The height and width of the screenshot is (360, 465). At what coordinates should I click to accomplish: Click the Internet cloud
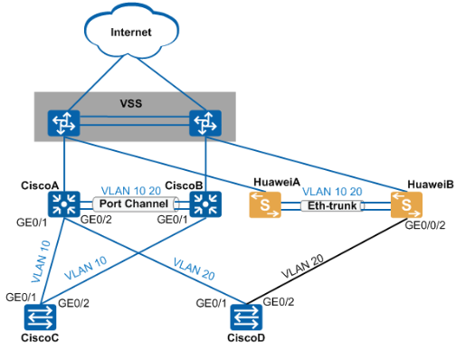(x=131, y=32)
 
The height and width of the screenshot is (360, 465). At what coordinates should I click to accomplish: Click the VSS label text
(x=131, y=104)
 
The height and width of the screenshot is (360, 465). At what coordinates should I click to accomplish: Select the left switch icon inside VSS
(x=63, y=123)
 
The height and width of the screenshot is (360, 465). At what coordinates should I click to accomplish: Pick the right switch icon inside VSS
(x=205, y=123)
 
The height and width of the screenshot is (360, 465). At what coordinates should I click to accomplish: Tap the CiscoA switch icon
(x=63, y=204)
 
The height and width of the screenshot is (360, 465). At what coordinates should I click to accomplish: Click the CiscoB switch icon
(x=205, y=204)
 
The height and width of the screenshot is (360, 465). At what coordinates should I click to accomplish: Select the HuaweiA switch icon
(x=265, y=205)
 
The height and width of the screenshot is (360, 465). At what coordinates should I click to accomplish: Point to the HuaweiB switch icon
(x=406, y=205)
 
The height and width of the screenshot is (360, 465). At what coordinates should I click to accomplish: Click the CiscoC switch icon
(x=40, y=317)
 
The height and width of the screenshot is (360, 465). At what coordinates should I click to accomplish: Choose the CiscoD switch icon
(x=246, y=317)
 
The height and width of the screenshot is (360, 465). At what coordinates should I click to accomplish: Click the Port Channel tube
(x=135, y=204)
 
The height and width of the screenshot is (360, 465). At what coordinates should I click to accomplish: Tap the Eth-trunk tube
(x=332, y=206)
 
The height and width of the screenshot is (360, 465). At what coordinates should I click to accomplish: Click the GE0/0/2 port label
(x=425, y=225)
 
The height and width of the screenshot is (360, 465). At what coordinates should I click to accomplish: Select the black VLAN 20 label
(x=302, y=266)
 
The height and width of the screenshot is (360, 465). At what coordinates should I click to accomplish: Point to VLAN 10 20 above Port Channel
(x=131, y=191)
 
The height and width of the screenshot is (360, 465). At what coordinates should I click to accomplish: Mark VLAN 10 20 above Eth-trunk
(x=332, y=192)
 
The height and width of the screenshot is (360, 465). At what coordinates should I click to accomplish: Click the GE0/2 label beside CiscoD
(x=279, y=302)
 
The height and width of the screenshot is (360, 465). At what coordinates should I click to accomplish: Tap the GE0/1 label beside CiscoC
(x=21, y=298)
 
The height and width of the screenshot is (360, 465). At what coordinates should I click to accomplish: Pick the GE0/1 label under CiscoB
(x=172, y=220)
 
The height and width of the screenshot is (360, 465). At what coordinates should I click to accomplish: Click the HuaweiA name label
(x=277, y=182)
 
